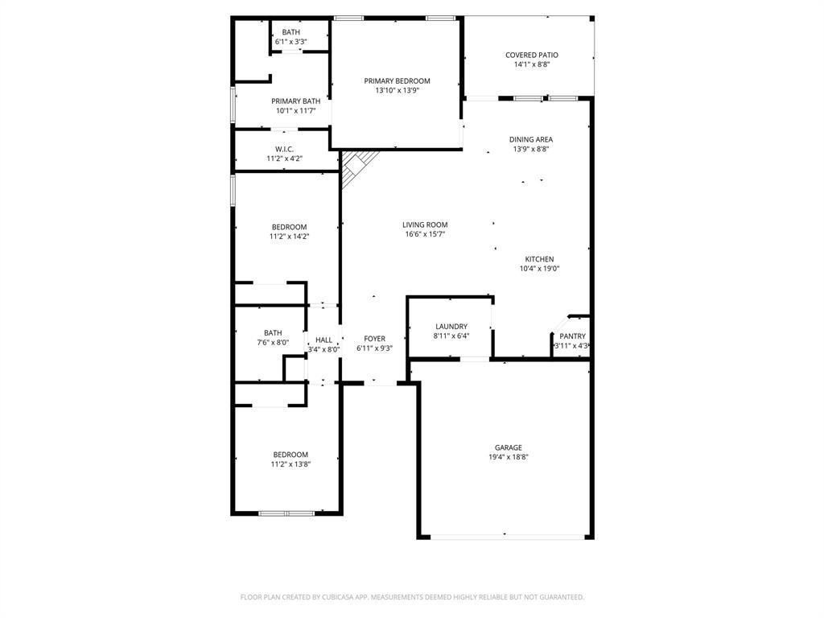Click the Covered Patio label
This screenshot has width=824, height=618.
[531, 55]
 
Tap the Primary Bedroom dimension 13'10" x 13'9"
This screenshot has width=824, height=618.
[397, 91]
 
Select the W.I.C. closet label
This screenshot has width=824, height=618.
[284, 149]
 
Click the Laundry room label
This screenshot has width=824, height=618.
[451, 326]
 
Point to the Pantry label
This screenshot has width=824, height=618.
[572, 336]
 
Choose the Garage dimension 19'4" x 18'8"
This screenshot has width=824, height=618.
[508, 457]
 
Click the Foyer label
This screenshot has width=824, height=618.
[374, 339]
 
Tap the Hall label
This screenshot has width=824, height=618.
[323, 340]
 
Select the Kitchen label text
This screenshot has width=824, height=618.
[539, 259]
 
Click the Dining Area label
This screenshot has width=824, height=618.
[532, 139]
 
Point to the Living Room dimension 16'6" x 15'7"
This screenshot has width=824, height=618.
[425, 234]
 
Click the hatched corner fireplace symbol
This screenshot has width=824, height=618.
[354, 167]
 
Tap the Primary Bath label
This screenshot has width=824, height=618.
[295, 101]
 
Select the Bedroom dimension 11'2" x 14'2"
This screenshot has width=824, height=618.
[289, 237]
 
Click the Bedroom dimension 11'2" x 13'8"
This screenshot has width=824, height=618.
[290, 464]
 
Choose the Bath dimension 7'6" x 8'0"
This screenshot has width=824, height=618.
[273, 342]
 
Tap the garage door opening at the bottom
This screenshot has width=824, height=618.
[505, 537]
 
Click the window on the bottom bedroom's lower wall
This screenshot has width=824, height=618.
[286, 513]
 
